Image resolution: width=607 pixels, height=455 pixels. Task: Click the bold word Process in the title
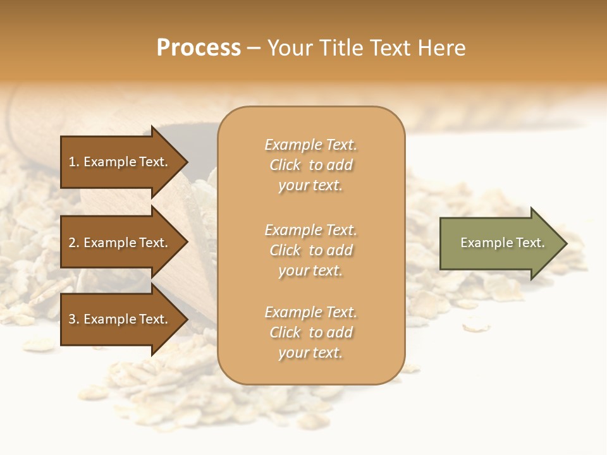point(199,48)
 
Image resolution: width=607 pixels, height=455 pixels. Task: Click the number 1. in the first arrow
point(74,162)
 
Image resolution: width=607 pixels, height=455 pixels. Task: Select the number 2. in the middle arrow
point(74,243)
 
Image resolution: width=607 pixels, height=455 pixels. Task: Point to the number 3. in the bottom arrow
point(74,320)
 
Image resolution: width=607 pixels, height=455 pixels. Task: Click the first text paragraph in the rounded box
point(310,165)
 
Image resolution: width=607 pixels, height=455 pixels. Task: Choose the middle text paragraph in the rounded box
point(310,250)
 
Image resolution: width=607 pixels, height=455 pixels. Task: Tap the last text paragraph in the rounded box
point(310,332)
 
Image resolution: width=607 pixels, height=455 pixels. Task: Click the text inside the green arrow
point(502,243)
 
